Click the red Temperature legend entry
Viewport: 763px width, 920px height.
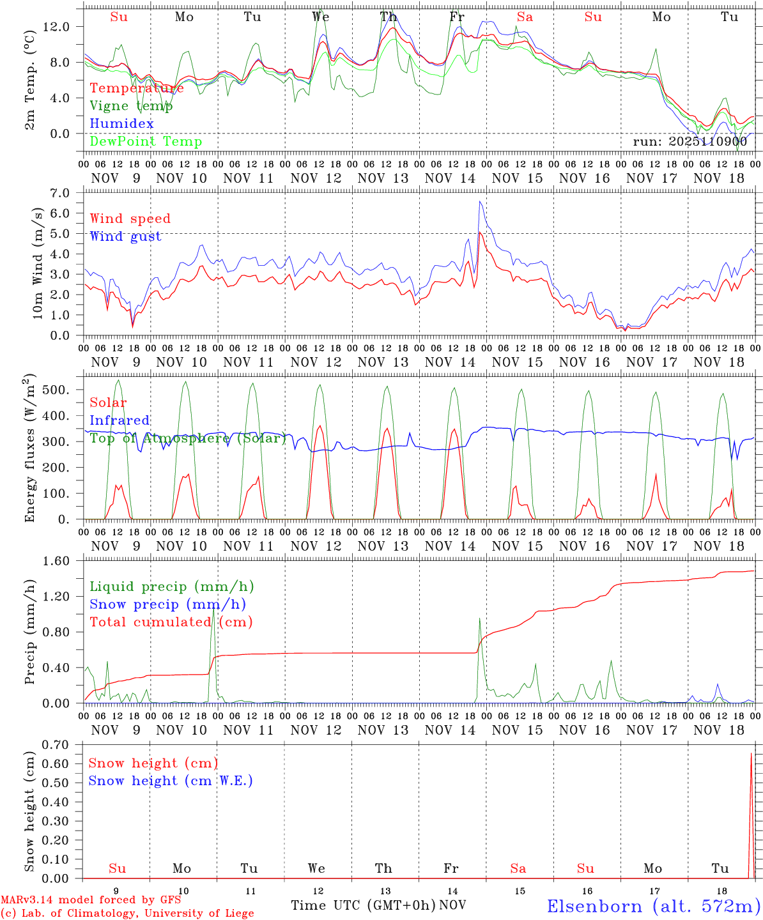point(137,88)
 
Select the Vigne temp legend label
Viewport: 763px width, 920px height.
point(131,106)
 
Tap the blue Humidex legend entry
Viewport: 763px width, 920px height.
point(121,124)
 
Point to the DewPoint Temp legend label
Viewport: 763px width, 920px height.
point(146,142)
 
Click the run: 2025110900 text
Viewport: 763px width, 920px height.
point(690,142)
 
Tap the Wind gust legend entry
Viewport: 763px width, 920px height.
point(125,236)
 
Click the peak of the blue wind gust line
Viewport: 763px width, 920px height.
point(480,202)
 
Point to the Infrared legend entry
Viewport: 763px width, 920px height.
point(119,420)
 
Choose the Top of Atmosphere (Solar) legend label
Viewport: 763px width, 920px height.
point(188,438)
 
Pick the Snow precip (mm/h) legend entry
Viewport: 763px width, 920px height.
point(167,604)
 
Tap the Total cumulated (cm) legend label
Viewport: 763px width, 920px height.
point(171,622)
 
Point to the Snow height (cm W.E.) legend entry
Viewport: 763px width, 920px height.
point(171,781)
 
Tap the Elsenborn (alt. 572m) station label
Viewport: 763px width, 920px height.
point(653,906)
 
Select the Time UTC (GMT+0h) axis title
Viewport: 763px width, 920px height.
point(363,905)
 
